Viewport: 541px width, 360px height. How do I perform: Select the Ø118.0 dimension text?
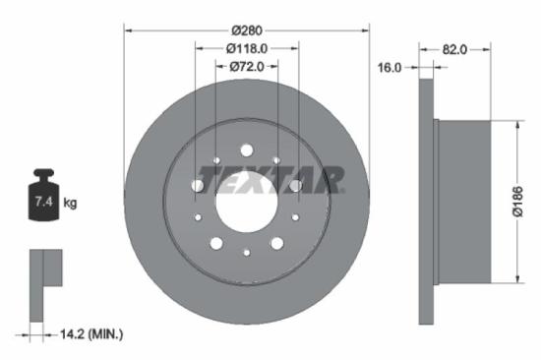(x=247, y=46)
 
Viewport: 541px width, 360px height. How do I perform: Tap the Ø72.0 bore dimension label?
(x=246, y=66)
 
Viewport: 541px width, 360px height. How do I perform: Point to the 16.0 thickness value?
(x=391, y=67)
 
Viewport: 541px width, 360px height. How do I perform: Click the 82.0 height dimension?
(x=453, y=46)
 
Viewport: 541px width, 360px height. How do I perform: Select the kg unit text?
(x=70, y=204)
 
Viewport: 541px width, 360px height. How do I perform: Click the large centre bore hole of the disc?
(x=246, y=203)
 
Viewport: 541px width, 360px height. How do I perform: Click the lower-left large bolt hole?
(x=215, y=243)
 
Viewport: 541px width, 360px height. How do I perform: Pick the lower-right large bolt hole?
(x=277, y=243)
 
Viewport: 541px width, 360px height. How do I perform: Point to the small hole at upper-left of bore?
(x=216, y=160)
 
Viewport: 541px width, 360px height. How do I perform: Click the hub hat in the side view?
(x=462, y=202)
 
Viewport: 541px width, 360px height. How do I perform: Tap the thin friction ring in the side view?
(x=426, y=202)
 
